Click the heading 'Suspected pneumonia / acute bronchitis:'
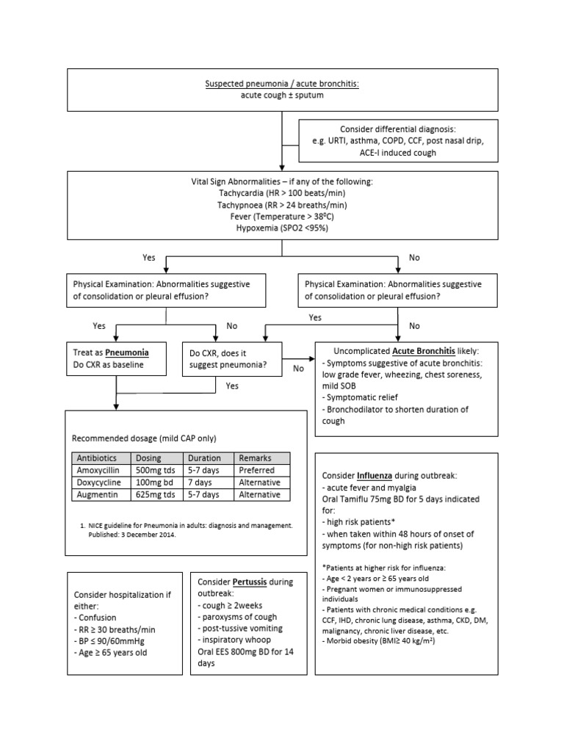[x=281, y=84]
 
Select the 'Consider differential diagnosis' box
[x=397, y=140]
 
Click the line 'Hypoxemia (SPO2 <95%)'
[x=282, y=228]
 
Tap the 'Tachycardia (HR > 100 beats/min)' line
[x=282, y=192]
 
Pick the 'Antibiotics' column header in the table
[x=96, y=458]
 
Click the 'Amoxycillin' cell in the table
[x=98, y=470]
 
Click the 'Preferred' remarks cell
[x=256, y=470]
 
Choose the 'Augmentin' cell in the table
[x=95, y=495]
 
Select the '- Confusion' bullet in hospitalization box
[x=95, y=618]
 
